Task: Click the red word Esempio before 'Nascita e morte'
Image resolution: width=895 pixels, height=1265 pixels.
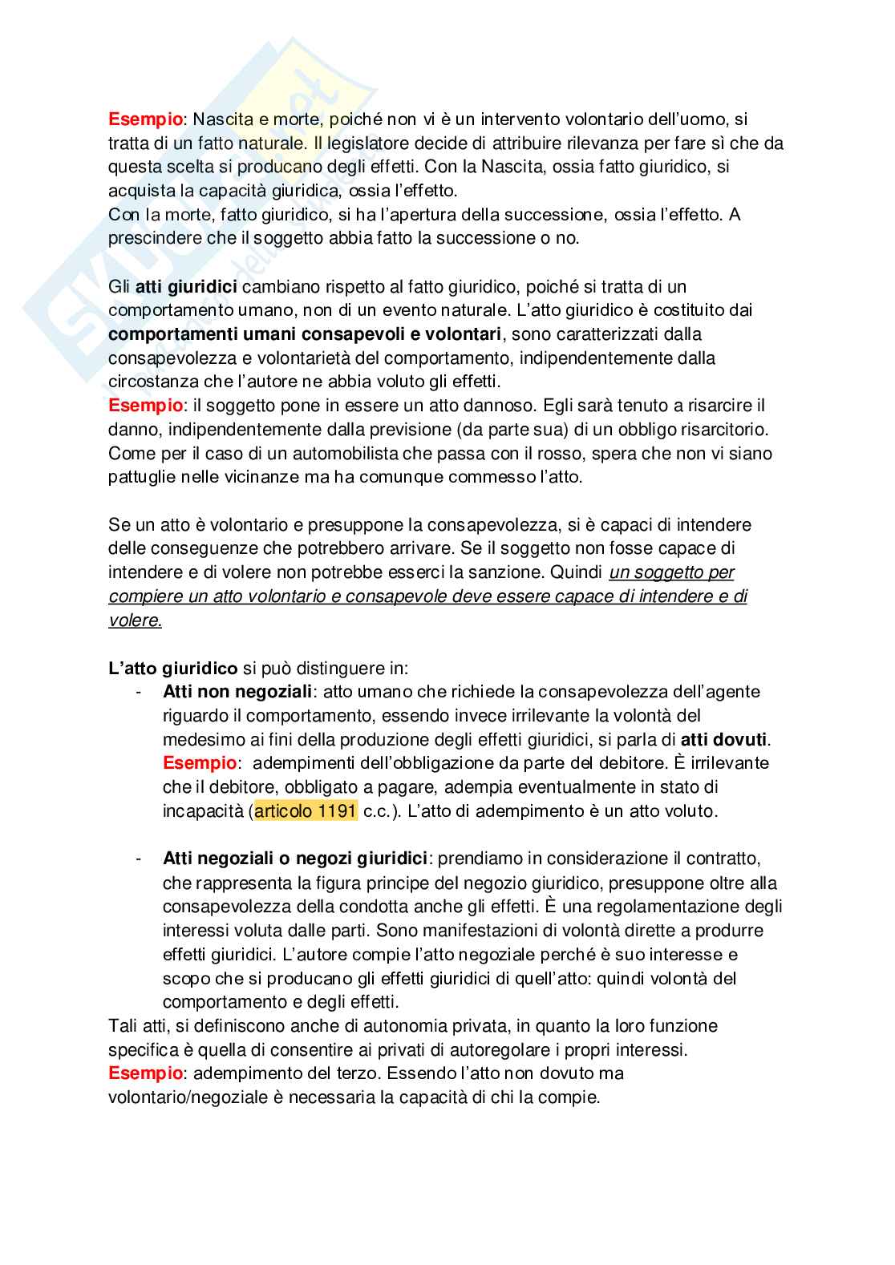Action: pos(145,119)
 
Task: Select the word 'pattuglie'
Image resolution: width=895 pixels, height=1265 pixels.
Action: pos(140,477)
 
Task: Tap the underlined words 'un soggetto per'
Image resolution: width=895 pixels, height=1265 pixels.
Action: pos(672,572)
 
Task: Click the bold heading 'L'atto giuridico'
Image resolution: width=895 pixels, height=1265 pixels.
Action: pos(172,668)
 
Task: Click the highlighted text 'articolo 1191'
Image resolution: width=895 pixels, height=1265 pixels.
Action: pos(306,810)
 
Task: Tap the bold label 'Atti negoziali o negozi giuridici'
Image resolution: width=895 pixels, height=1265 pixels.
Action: pos(295,859)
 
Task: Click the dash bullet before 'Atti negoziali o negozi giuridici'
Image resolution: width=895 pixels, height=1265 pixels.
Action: pos(140,859)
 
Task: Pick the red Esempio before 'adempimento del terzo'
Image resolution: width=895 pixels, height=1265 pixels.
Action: pos(145,1073)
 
